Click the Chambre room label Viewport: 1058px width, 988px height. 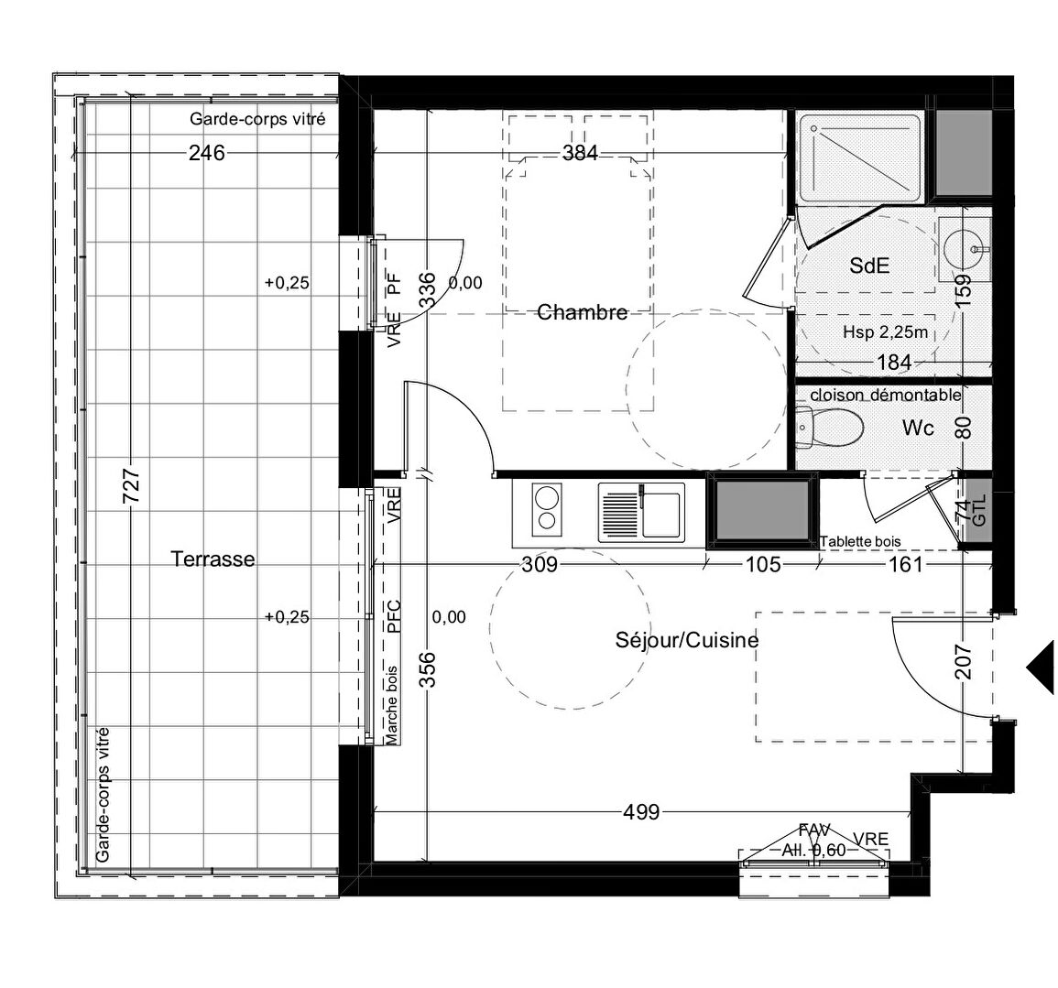[x=583, y=312]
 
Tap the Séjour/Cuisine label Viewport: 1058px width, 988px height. [x=687, y=640]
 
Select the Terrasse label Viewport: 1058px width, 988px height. [x=213, y=559]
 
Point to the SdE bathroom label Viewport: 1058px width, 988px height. [x=869, y=266]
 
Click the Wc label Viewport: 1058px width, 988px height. [x=919, y=428]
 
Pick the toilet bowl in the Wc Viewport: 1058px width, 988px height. [x=829, y=427]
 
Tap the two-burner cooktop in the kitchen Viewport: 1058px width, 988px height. [x=547, y=510]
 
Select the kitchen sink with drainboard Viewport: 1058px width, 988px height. [x=641, y=512]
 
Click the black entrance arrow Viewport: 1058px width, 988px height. [x=1042, y=667]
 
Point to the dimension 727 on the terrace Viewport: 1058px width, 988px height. [x=132, y=486]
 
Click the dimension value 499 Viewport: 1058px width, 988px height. [x=641, y=812]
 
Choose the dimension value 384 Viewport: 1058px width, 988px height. [x=580, y=153]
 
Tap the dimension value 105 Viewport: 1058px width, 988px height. [x=763, y=564]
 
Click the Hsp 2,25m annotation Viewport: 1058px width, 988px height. [x=885, y=331]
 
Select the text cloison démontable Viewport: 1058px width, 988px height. [x=885, y=395]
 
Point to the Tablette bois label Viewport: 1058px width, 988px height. [x=860, y=541]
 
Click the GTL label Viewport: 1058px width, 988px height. [x=980, y=511]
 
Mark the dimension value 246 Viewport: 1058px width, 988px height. [x=206, y=153]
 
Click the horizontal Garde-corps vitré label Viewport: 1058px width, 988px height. [x=257, y=119]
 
